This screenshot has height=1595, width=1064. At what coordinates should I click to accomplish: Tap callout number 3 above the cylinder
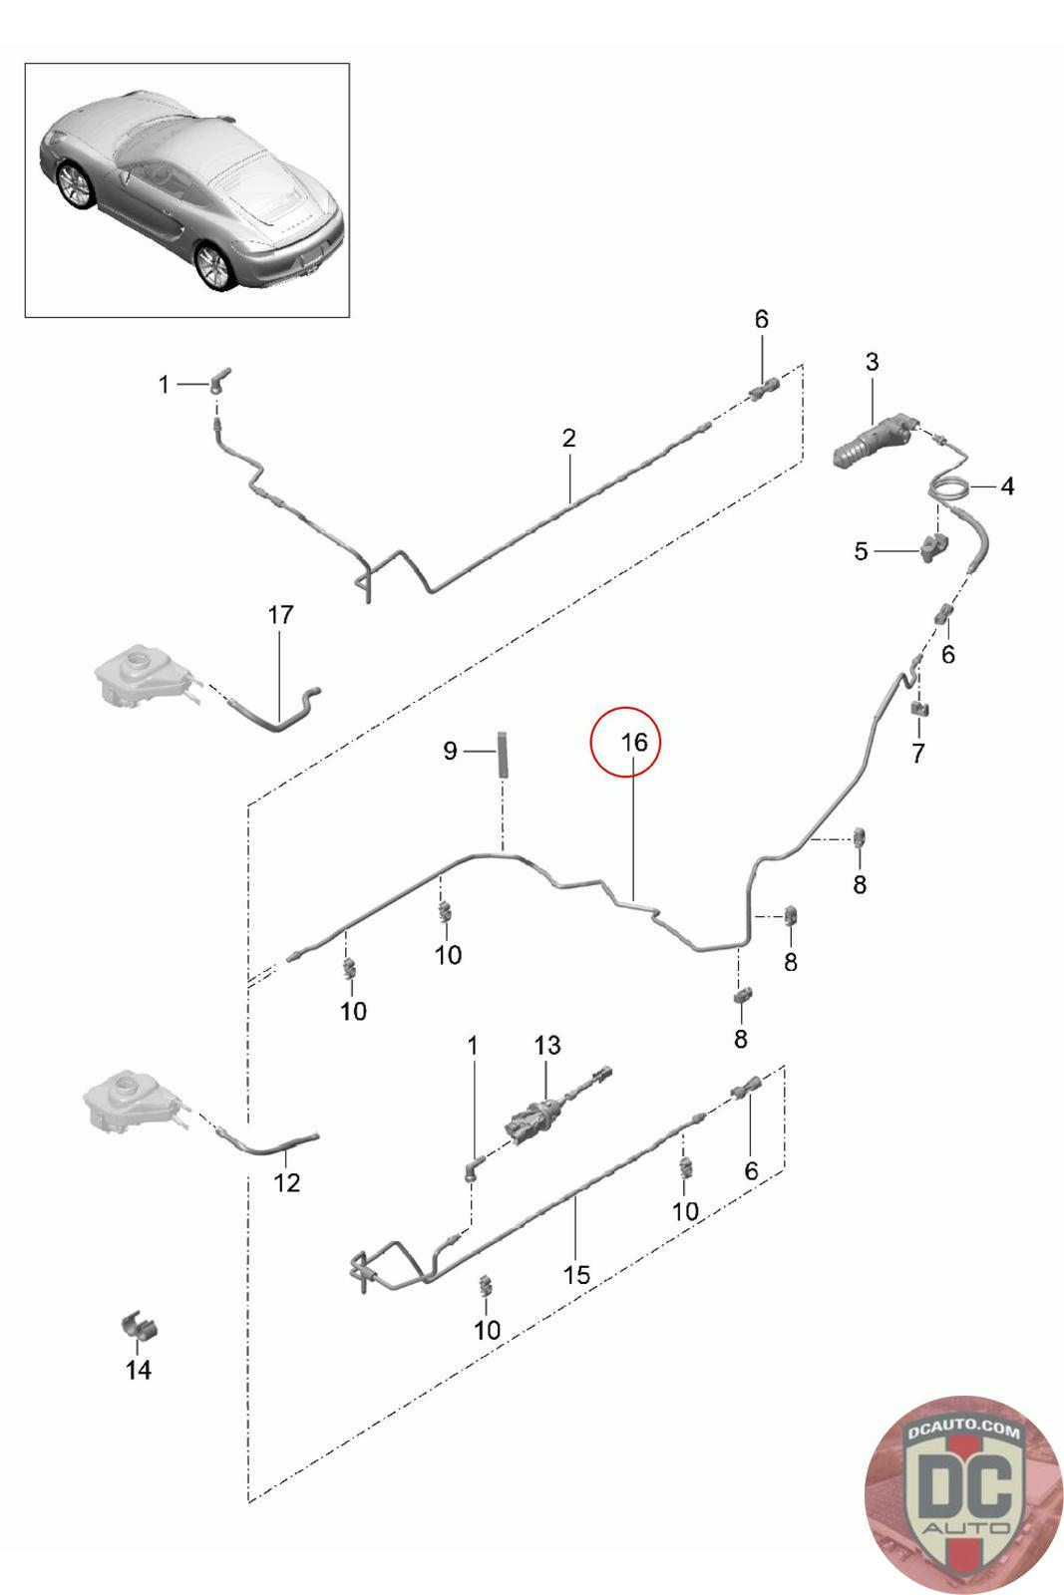(872, 362)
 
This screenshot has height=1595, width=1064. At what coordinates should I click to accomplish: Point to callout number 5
(862, 551)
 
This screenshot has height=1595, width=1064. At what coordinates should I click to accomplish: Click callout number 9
(450, 750)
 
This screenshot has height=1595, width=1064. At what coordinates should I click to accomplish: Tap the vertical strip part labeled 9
(503, 755)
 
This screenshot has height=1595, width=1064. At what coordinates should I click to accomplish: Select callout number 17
(281, 614)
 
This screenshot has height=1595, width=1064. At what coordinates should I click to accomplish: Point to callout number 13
(547, 1045)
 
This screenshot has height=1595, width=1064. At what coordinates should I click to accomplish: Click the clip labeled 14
(141, 1328)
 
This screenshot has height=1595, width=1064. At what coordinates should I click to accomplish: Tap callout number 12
(286, 1182)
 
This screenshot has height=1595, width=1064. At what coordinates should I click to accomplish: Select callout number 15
(576, 1274)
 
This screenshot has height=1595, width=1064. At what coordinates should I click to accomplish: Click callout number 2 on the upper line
(569, 437)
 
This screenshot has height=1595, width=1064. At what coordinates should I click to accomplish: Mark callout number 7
(917, 753)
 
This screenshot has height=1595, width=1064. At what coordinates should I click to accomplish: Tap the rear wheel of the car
(212, 266)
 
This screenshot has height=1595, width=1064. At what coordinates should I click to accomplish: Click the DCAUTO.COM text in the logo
(963, 1433)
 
